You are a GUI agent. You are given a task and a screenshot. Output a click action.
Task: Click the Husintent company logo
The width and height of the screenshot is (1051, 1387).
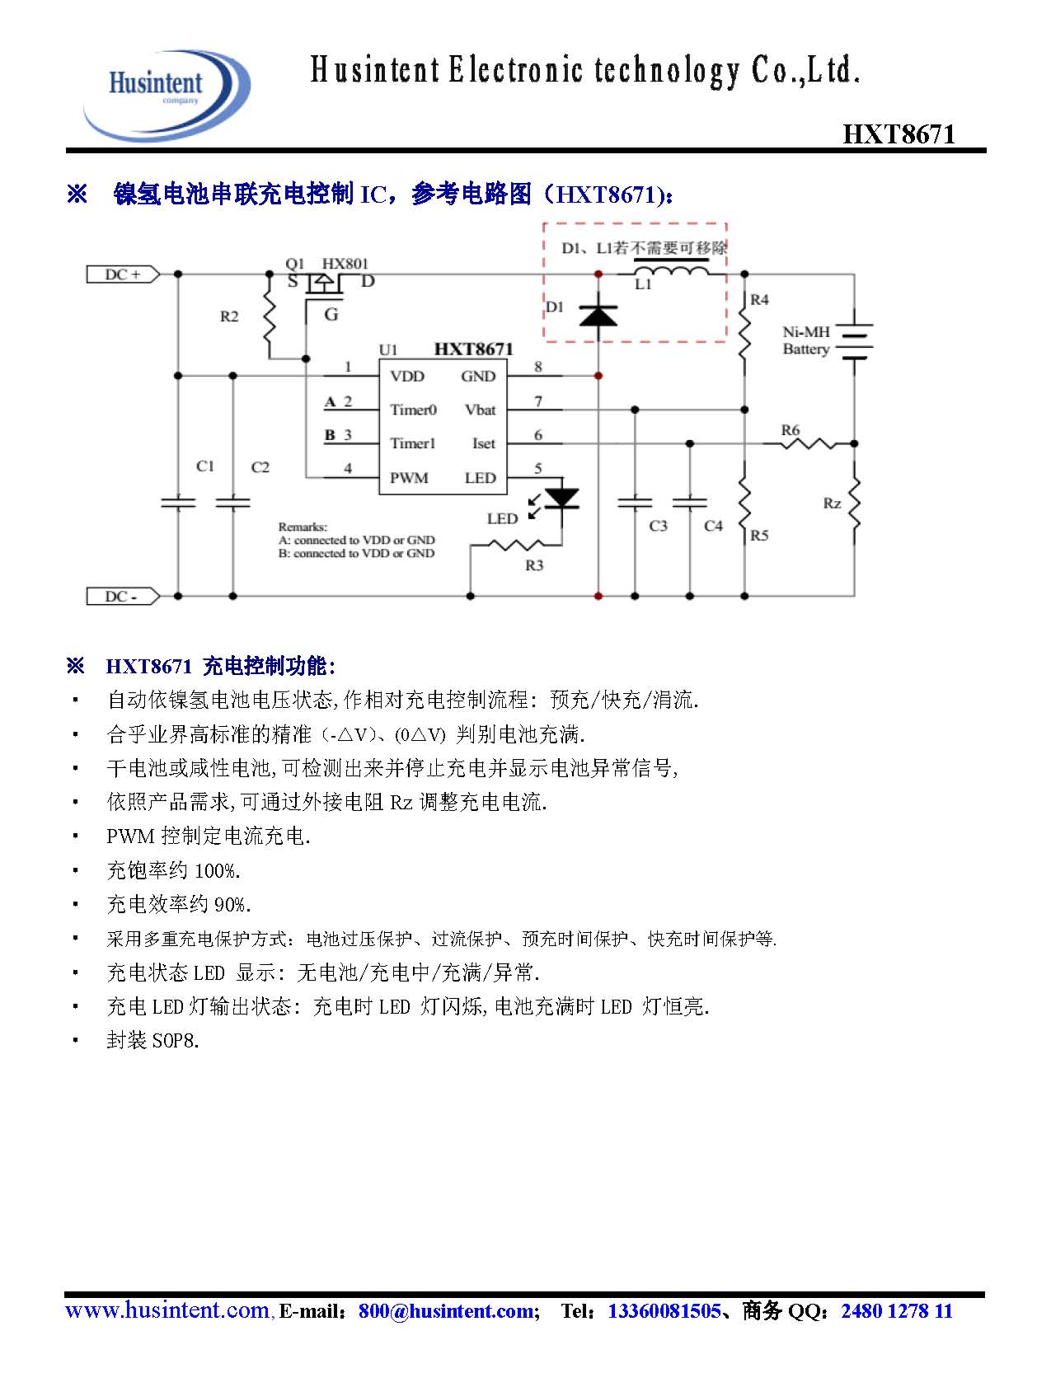click(x=166, y=92)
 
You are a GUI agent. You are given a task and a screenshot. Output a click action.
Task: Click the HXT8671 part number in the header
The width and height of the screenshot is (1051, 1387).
click(x=899, y=135)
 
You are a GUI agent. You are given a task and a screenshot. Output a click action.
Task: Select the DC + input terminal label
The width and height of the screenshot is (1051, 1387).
click(x=123, y=274)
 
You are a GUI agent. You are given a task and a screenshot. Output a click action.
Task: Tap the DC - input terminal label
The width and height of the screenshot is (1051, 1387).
click(x=122, y=596)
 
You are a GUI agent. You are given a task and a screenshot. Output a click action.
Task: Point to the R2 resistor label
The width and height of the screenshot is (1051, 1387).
click(x=229, y=316)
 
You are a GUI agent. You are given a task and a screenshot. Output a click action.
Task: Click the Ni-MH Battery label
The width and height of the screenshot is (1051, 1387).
click(x=805, y=340)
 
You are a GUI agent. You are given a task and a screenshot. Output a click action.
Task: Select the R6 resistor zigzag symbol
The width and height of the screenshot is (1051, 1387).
click(x=808, y=444)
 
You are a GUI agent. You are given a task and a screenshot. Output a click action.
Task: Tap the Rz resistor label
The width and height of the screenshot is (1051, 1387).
click(x=832, y=503)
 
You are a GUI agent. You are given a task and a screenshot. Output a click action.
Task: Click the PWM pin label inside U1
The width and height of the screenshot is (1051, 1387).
click(x=409, y=478)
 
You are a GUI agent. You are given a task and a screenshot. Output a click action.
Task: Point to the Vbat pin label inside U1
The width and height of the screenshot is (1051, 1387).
click(x=480, y=410)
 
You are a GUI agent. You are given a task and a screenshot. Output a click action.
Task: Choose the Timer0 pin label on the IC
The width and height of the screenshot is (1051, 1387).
click(x=413, y=410)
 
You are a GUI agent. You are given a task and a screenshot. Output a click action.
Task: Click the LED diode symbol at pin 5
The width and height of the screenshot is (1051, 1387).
click(x=562, y=499)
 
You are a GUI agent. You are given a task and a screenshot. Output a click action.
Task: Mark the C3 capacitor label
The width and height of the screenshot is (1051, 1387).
click(x=658, y=526)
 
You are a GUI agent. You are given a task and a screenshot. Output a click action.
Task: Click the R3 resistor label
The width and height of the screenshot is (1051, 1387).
click(x=534, y=565)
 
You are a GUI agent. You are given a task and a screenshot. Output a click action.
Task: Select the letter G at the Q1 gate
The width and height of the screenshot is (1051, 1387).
click(x=331, y=314)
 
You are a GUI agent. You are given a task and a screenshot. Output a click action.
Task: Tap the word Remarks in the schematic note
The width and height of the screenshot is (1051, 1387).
click(x=302, y=527)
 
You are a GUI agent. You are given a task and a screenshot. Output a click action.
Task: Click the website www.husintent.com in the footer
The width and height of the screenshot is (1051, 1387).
click(x=167, y=1310)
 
